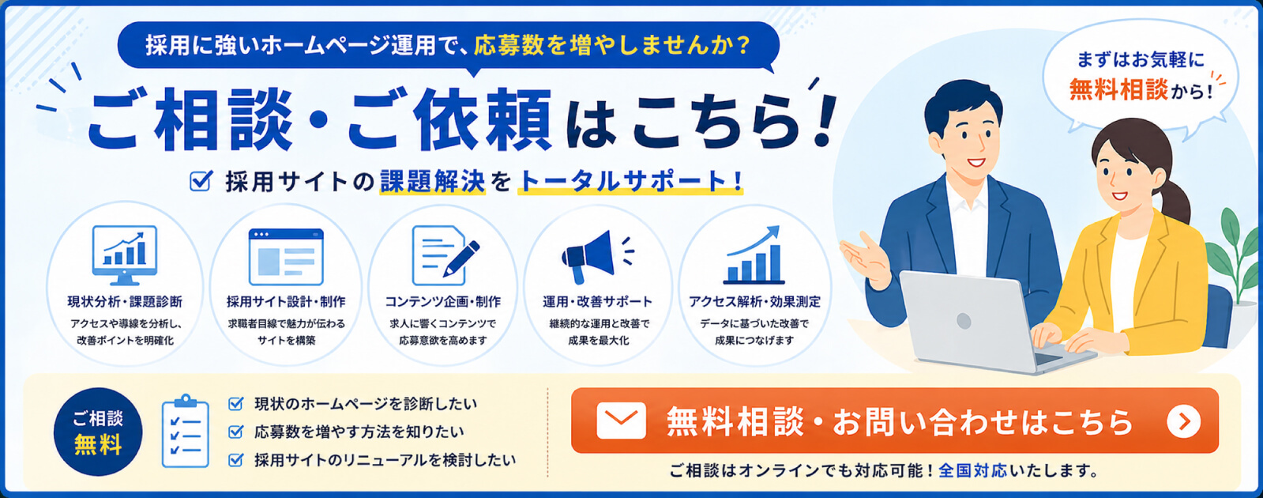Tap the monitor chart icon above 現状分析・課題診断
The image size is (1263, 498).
click(125, 255)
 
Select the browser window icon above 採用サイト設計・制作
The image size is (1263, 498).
click(286, 257)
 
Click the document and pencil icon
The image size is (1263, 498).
click(445, 255)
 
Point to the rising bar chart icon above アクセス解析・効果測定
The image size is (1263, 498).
click(754, 255)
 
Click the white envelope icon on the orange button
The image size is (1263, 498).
click(621, 421)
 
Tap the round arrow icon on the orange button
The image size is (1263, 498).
click(1183, 421)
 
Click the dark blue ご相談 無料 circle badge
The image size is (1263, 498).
click(98, 432)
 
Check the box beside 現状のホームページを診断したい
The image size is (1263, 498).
click(235, 404)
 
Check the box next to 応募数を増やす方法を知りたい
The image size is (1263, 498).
click(235, 432)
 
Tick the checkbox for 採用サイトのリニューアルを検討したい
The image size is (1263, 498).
click(235, 460)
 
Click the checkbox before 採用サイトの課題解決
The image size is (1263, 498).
click(201, 180)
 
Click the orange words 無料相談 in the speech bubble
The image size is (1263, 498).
click(1118, 89)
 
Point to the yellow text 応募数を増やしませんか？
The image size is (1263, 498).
click(612, 45)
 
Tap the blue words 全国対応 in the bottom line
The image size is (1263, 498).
click(972, 470)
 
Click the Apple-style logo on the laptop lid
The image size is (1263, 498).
click(964, 321)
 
